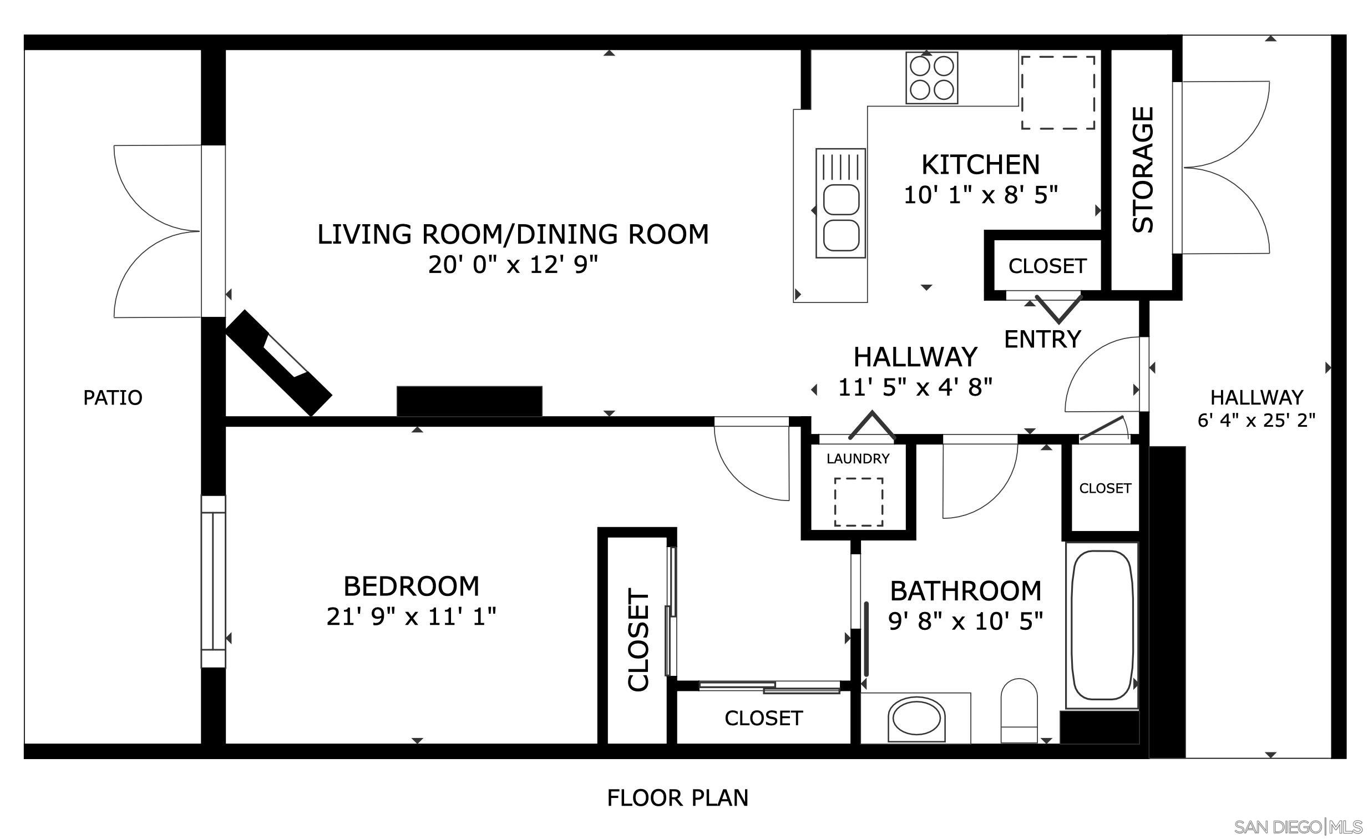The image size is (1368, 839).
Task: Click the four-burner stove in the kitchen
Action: click(931, 78)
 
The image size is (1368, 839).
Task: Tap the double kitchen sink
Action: click(840, 203)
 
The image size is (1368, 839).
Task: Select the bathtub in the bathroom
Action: click(1102, 625)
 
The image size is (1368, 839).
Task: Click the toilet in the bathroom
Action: click(1019, 711)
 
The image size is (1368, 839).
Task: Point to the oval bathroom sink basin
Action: click(915, 720)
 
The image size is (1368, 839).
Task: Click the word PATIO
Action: click(113, 397)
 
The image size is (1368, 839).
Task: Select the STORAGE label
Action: click(1143, 170)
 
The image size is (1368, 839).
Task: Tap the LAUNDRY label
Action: click(858, 459)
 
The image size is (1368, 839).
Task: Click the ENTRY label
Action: click(1043, 338)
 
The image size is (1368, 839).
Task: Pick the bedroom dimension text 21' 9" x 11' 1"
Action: click(411, 616)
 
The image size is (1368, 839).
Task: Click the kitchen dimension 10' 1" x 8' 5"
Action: click(980, 195)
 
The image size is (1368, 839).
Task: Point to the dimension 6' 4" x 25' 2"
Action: click(1256, 421)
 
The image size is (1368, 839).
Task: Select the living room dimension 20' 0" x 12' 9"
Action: click(513, 265)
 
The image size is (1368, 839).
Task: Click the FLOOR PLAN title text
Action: click(677, 798)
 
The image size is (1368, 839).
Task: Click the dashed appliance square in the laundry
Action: click(858, 502)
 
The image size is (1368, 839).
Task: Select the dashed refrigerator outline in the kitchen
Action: click(1058, 92)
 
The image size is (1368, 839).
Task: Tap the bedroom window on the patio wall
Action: click(213, 582)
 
